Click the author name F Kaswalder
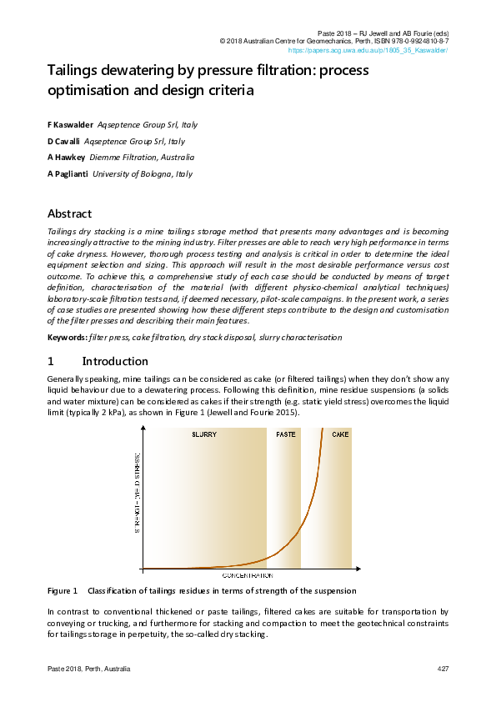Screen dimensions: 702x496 [x=70, y=125]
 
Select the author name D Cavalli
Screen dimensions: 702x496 [x=64, y=142]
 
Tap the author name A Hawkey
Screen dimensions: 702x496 [x=66, y=158]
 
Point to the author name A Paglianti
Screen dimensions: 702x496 [x=68, y=174]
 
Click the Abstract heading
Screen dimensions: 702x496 [x=69, y=214]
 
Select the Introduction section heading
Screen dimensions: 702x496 [x=115, y=362]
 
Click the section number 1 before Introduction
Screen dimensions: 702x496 [x=51, y=362]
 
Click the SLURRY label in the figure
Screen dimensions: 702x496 [x=204, y=435]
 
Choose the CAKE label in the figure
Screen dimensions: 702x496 [x=340, y=435]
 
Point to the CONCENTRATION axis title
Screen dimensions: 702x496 [x=248, y=576]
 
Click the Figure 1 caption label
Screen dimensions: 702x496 [x=63, y=591]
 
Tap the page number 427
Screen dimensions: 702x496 [x=443, y=670]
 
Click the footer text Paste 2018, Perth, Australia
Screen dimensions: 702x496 [x=88, y=670]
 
